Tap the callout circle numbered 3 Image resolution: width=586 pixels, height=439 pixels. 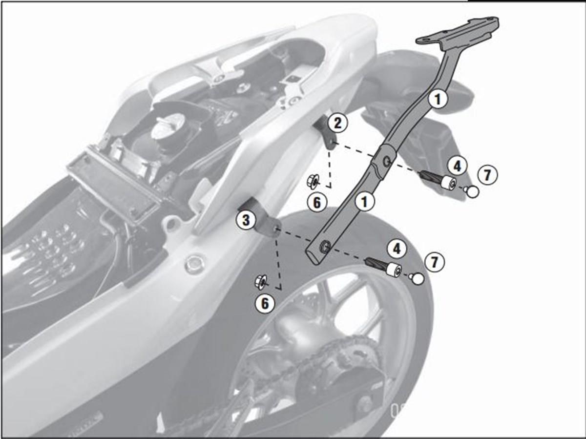(x=246, y=221)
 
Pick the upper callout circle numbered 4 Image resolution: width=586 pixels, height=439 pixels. (x=457, y=166)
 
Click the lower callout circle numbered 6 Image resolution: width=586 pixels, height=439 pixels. (x=264, y=304)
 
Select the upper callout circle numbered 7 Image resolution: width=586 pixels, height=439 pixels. (x=487, y=174)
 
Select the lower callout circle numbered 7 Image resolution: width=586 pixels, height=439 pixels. (x=434, y=262)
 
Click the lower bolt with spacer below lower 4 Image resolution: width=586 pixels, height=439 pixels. (x=384, y=267)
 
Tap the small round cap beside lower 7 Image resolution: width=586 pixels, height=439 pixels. (x=417, y=279)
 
